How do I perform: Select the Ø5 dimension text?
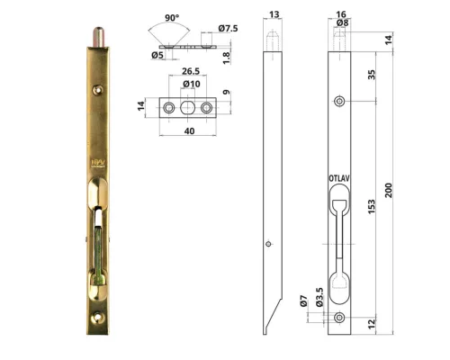coord(157,56)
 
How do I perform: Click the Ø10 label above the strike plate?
coord(191,85)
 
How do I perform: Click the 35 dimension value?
coord(371,74)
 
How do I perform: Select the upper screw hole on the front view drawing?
coord(340,102)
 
